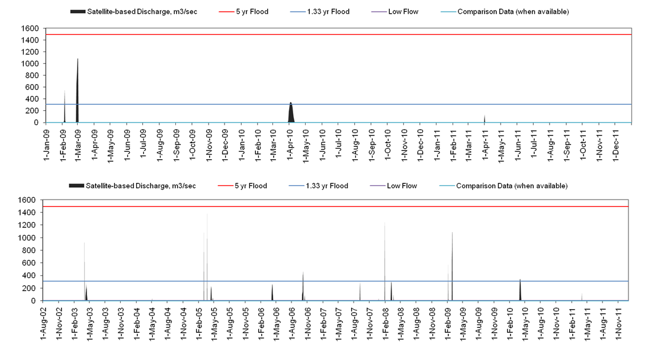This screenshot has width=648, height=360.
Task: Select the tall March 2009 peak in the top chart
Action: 77,89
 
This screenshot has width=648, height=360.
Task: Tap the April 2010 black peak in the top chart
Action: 290,112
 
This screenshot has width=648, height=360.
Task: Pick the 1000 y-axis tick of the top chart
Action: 31,63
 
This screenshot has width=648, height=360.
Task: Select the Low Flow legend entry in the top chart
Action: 402,12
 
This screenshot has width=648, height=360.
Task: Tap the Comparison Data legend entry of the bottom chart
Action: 512,186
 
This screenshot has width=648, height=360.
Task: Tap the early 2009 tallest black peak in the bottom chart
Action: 452,266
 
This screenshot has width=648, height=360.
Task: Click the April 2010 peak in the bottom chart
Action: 520,290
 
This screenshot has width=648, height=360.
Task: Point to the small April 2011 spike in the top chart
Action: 485,119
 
